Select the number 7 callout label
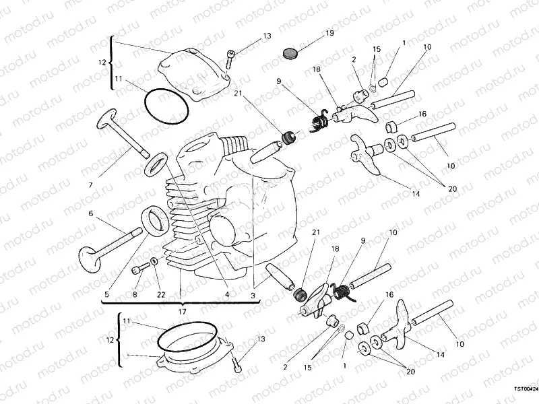point(91,184)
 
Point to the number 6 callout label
point(90,214)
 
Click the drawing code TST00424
point(526,389)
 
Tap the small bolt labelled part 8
point(140,269)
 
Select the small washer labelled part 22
point(155,261)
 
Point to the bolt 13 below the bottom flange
point(236,364)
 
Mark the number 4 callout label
point(226,294)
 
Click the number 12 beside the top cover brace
point(102,63)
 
